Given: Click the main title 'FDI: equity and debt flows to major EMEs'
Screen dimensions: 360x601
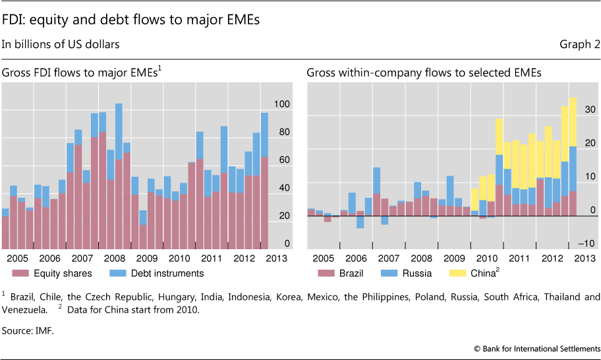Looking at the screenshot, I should pos(131,20).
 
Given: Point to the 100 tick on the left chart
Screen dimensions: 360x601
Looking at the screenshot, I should pos(282,104).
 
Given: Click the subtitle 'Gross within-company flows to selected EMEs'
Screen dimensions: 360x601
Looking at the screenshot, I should pos(424,73).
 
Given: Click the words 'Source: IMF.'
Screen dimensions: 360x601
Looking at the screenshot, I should pos(27,331).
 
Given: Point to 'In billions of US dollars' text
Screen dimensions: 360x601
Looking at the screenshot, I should pos(60,45).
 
